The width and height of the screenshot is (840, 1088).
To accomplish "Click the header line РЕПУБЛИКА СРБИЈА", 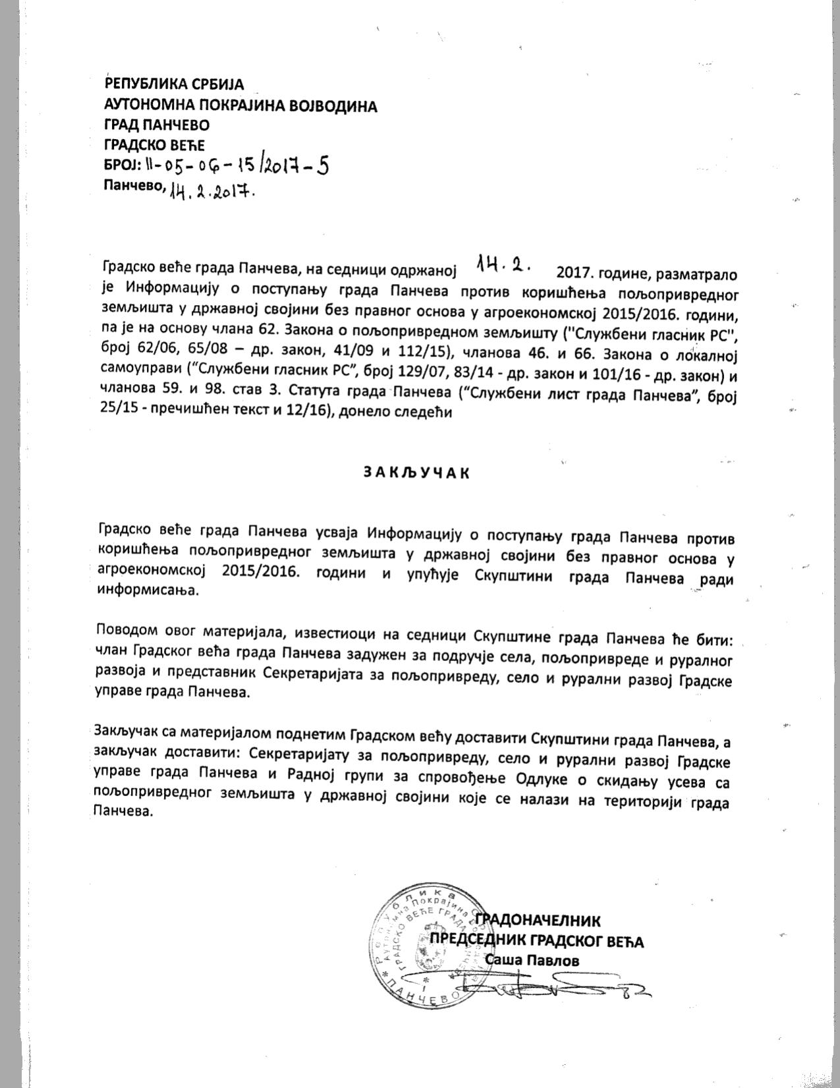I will coord(174,84).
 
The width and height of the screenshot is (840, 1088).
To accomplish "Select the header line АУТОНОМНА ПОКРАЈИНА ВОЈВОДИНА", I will coord(240,105).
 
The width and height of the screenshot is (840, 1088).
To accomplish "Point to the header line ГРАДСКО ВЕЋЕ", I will coord(155,145).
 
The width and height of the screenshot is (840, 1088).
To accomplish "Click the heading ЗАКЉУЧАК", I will coord(416,472).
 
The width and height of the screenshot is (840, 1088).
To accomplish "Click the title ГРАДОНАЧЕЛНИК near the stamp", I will coord(538,920).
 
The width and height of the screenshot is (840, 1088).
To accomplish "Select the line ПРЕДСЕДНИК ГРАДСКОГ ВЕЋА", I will coord(536,940).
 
